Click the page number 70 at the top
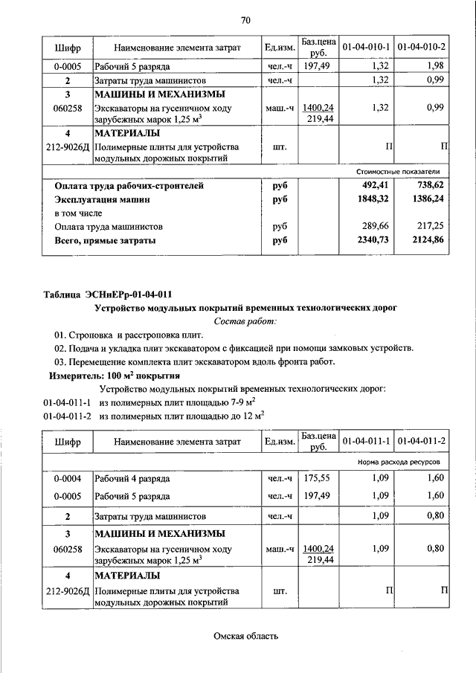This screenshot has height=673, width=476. click(x=245, y=19)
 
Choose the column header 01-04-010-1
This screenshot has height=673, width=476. click(x=367, y=48)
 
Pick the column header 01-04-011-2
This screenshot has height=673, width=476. click(x=422, y=441)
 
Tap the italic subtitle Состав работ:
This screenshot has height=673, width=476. click(x=245, y=321)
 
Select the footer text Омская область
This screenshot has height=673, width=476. click(x=245, y=636)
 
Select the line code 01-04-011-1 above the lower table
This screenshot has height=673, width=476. click(x=67, y=402)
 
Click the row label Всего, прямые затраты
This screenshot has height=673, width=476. click(x=105, y=240)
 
